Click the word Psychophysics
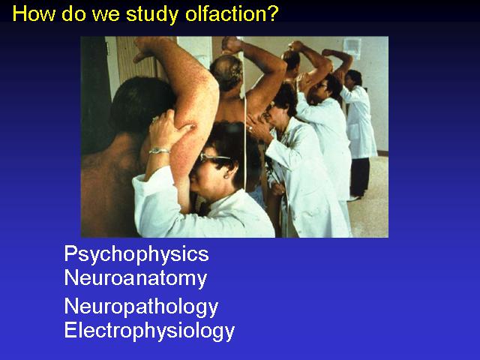tap(136, 255)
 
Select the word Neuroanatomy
tap(136, 279)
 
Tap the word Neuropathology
tap(141, 307)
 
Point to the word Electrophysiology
tap(149, 331)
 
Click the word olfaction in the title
tap(222, 13)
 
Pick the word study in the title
tap(152, 15)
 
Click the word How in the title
tap(34, 13)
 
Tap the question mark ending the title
tap(270, 13)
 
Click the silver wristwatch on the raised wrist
tap(159, 151)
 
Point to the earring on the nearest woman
tap(226, 177)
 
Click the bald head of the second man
tap(226, 71)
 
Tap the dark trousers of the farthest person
tap(360, 177)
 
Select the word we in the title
tap(106, 15)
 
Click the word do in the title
tap(73, 13)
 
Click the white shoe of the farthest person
tap(354, 199)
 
